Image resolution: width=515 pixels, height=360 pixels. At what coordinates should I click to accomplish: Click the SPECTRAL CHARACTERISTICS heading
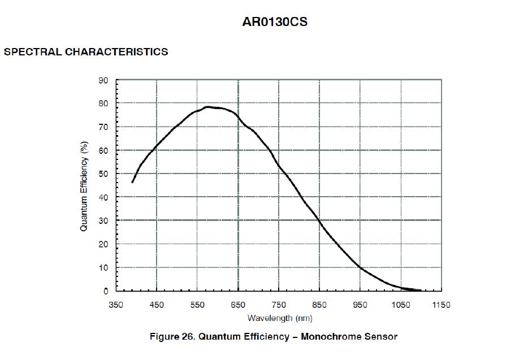[86, 52]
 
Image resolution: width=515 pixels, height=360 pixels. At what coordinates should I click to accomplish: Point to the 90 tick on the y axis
[103, 80]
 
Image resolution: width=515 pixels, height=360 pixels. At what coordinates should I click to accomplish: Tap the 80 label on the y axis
[103, 104]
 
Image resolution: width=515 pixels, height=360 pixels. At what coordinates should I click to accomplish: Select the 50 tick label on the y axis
[103, 174]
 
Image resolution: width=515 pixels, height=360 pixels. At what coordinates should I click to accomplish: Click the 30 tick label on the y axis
[103, 221]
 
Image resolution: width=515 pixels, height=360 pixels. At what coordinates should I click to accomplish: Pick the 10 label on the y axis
[103, 268]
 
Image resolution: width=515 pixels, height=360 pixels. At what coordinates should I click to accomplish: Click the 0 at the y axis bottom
[106, 292]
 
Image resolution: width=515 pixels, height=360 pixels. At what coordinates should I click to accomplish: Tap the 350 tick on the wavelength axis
[116, 305]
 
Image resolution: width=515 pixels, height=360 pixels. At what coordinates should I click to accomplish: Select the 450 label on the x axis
[157, 305]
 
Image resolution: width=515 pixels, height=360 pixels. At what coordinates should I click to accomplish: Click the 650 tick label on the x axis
[238, 305]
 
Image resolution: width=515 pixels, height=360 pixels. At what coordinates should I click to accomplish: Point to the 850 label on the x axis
[319, 305]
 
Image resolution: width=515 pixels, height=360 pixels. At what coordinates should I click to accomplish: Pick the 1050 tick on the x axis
[401, 305]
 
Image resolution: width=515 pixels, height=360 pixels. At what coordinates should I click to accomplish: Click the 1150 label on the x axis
[442, 305]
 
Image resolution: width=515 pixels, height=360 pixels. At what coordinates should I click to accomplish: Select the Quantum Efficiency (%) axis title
[84, 186]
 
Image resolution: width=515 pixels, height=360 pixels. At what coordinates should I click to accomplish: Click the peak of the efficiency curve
[208, 107]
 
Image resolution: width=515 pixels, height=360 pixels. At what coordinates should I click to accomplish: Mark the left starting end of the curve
[132, 182]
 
